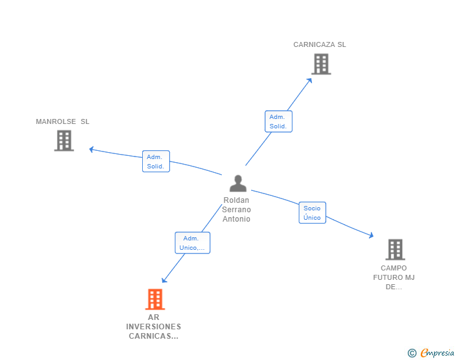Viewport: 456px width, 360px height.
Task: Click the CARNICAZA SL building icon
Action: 321,64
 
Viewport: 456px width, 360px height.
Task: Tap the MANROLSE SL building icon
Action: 64,141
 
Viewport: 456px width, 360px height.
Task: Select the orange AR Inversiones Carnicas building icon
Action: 155,299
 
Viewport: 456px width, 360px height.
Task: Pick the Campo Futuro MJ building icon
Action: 395,249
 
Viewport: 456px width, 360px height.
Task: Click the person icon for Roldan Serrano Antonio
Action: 238,183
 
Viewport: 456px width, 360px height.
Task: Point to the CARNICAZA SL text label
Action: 319,44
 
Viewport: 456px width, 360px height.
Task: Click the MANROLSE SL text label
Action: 63,121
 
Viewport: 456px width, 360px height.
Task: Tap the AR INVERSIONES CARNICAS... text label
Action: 153,327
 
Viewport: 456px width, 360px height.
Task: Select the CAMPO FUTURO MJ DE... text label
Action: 394,277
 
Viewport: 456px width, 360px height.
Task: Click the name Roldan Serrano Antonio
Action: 237,210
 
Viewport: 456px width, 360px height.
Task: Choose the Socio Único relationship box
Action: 312,213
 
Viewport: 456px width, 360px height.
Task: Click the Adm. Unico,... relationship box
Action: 192,243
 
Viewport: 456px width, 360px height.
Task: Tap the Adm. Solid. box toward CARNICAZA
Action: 278,121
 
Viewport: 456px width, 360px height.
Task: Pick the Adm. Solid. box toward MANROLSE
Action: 155,162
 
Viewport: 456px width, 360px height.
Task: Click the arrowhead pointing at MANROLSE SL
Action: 91,149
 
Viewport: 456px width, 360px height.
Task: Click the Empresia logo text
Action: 437,353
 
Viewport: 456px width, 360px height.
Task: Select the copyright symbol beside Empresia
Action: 412,353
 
